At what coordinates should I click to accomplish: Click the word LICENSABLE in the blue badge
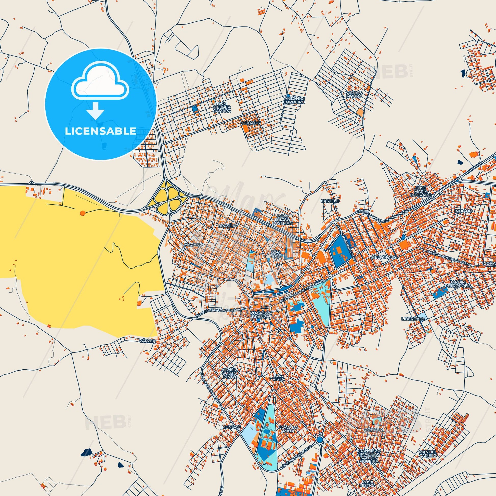click(100, 131)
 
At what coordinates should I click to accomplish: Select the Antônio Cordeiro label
click(294, 100)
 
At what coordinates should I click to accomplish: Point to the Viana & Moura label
click(354, 94)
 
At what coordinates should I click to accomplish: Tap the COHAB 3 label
click(251, 123)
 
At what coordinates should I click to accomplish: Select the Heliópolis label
click(380, 257)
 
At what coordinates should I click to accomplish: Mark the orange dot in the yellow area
click(82, 213)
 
